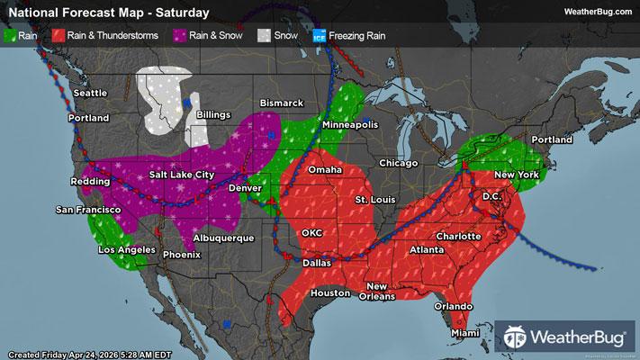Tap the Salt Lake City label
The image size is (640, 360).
coord(182,175)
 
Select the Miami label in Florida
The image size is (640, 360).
coord(466,333)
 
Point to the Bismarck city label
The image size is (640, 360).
coord(282,103)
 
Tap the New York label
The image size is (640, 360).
coord(516,174)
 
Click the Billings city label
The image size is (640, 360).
coord(219,116)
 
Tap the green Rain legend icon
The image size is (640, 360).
coord(12,36)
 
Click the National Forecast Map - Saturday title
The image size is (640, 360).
coord(106,13)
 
